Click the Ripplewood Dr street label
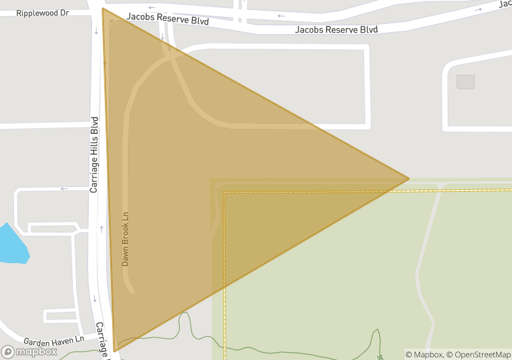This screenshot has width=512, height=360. (x=43, y=13)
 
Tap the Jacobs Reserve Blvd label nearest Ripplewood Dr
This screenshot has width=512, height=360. (x=168, y=21)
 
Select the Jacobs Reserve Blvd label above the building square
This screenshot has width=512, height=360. (x=336, y=30)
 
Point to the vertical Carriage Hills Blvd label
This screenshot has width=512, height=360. (x=94, y=155)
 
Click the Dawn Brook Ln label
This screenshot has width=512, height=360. (x=125, y=239)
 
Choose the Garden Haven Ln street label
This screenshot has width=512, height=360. (x=53, y=340)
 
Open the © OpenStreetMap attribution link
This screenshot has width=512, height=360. (x=478, y=354)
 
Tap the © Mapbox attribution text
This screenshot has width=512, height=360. (x=424, y=354)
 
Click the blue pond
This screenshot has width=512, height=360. (x=13, y=244)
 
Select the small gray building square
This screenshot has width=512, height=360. (x=465, y=81)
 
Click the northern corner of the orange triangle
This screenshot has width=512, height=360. (x=103, y=9)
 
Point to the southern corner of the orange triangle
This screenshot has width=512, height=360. (x=115, y=351)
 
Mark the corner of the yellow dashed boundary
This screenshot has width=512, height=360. (x=224, y=192)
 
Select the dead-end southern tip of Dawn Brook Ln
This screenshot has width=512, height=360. (x=132, y=291)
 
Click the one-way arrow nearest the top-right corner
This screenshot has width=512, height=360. (x=478, y=9)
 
